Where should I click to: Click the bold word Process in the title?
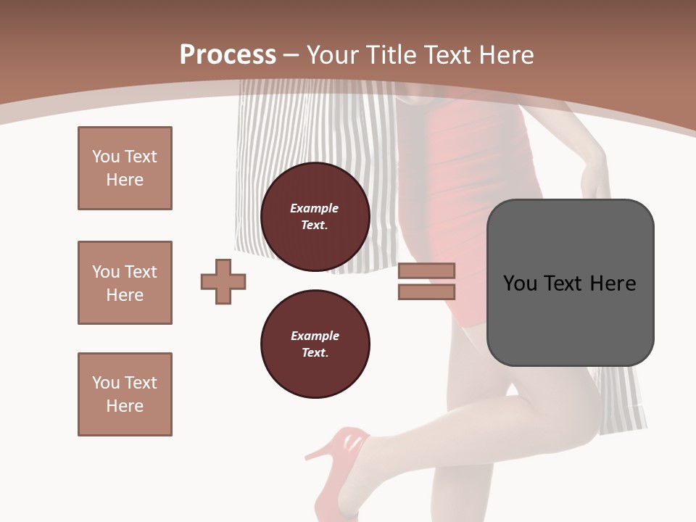[228, 55]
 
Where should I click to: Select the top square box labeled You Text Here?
[125, 168]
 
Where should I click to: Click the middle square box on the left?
[125, 283]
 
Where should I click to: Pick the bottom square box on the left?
[125, 394]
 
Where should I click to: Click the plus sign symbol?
[223, 281]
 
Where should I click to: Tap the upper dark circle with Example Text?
[315, 217]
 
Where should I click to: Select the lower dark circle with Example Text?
[315, 344]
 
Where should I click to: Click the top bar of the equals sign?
[426, 270]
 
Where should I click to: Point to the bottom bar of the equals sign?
[426, 292]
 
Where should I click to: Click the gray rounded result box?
[570, 283]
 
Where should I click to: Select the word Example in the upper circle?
[315, 208]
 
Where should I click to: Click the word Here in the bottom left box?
[125, 406]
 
